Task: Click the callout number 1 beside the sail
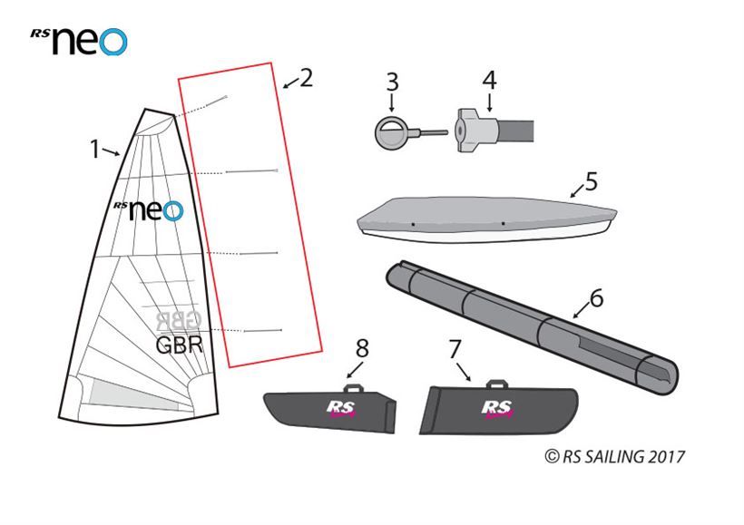click(x=95, y=149)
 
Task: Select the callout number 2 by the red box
click(x=307, y=78)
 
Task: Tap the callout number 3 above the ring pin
click(x=392, y=82)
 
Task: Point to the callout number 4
click(x=489, y=81)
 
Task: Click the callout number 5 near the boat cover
click(x=592, y=181)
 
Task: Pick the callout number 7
click(x=455, y=349)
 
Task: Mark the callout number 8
click(x=362, y=348)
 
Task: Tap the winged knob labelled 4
click(x=475, y=130)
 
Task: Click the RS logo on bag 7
click(x=497, y=409)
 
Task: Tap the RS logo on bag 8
click(x=340, y=409)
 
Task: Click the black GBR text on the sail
click(x=180, y=345)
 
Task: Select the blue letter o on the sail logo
click(x=172, y=210)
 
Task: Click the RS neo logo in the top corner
click(x=79, y=41)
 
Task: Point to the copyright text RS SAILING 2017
click(x=615, y=457)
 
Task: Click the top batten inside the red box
click(x=217, y=100)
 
